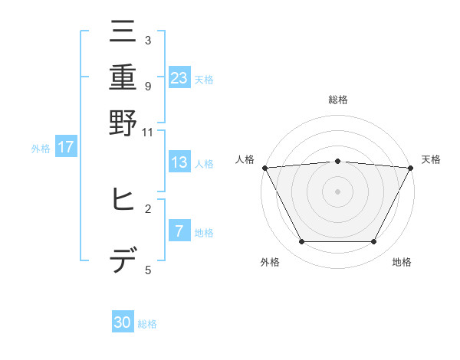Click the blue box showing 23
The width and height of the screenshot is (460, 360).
click(x=179, y=77)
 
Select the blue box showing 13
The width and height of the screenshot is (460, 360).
click(x=179, y=162)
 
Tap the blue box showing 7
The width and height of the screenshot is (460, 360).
click(x=179, y=231)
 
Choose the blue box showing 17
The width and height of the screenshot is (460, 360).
click(x=66, y=147)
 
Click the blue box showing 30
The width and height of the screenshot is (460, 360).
click(x=123, y=323)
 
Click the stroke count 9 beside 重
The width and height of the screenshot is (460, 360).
click(x=147, y=86)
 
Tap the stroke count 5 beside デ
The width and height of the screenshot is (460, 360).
click(x=147, y=270)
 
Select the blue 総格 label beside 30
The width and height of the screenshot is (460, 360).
click(x=147, y=324)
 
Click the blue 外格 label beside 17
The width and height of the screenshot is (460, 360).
click(x=41, y=149)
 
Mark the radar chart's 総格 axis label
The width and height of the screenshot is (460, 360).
click(x=337, y=100)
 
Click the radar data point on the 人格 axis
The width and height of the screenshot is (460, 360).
click(x=264, y=168)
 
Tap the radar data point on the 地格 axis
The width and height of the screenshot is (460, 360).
click(x=373, y=242)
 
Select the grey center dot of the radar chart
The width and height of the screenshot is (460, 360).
click(x=337, y=191)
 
